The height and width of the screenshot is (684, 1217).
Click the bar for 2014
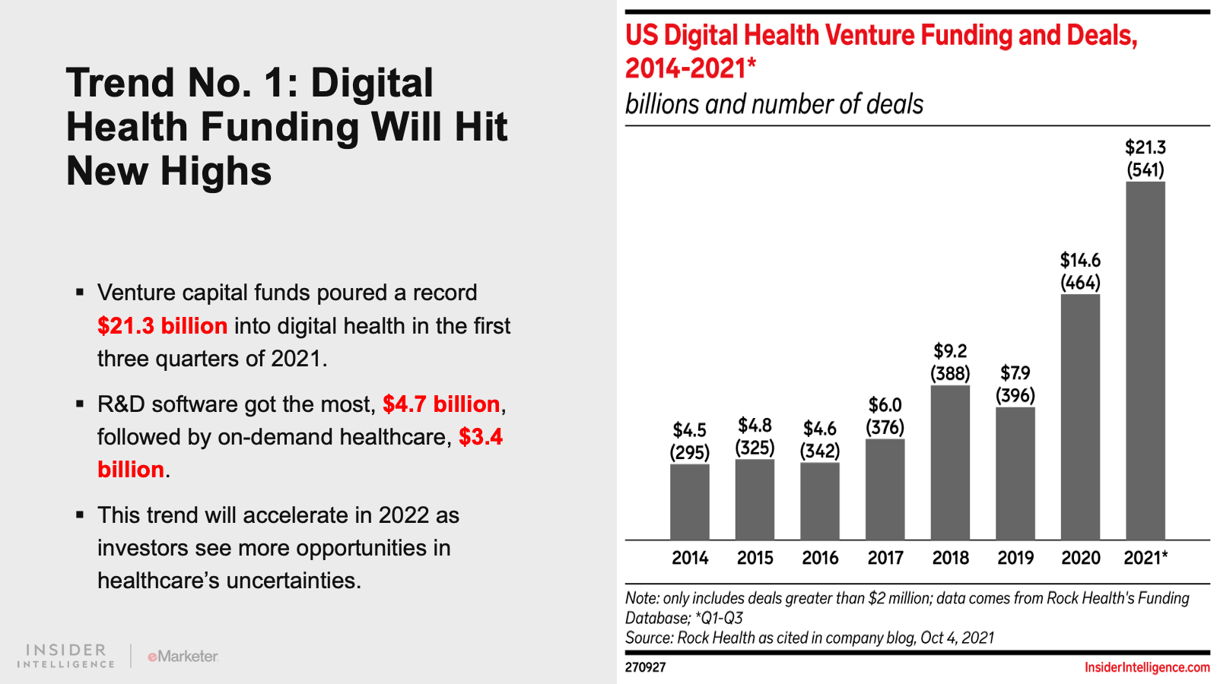pyautogui.click(x=689, y=502)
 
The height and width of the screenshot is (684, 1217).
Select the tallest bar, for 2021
pyautogui.click(x=1145, y=361)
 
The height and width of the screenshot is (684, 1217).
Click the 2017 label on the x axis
pyautogui.click(x=885, y=558)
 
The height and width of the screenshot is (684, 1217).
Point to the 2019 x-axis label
pyautogui.click(x=1015, y=558)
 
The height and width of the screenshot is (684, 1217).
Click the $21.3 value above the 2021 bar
pyautogui.click(x=1145, y=147)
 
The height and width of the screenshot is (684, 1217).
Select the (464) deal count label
pyautogui.click(x=1080, y=283)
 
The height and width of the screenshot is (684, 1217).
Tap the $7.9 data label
pyautogui.click(x=1015, y=373)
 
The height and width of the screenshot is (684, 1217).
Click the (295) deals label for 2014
pyautogui.click(x=689, y=452)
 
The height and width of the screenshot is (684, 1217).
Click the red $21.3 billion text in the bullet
pyautogui.click(x=162, y=326)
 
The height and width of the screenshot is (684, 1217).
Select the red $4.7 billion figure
pyautogui.click(x=441, y=404)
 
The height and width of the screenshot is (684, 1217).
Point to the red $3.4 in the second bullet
pyautogui.click(x=481, y=437)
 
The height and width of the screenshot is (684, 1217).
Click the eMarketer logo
pyautogui.click(x=183, y=656)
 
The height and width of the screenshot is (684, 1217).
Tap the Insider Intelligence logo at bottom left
pyautogui.click(x=66, y=656)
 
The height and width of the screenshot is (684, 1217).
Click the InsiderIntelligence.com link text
pyautogui.click(x=1147, y=667)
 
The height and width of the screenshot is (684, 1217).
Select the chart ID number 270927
pyautogui.click(x=645, y=667)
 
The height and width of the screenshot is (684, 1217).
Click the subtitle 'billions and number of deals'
pyautogui.click(x=774, y=104)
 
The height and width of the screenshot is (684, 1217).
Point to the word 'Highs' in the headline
pyautogui.click(x=215, y=171)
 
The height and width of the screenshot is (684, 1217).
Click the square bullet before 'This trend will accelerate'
pyautogui.click(x=80, y=515)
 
